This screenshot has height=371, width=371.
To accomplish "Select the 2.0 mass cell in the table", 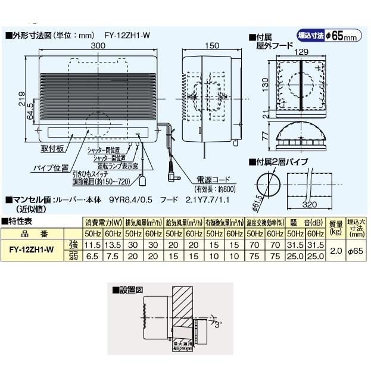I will point(336,250).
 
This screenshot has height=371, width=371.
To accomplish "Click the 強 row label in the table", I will point(73,245).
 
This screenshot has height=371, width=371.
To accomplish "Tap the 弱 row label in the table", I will point(73,255).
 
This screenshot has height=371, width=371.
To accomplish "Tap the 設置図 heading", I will point(132,290).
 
